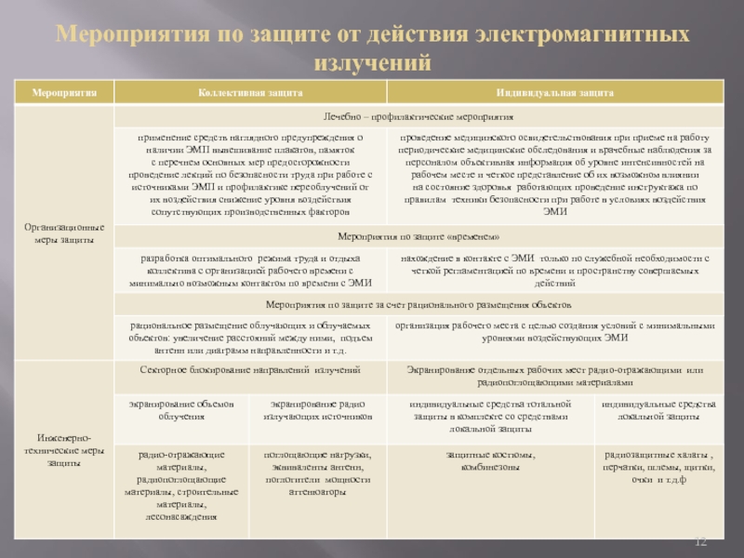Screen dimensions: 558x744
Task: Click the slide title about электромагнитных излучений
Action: (x=372, y=49)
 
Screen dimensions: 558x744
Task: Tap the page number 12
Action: (x=703, y=541)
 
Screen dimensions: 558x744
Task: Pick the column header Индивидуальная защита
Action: (x=554, y=94)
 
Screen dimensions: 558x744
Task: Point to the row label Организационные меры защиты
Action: (x=62, y=233)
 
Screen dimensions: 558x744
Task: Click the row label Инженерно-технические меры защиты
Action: (x=62, y=449)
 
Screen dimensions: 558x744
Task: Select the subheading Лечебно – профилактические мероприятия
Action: (x=418, y=119)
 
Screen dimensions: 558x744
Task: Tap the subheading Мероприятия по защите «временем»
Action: (x=418, y=237)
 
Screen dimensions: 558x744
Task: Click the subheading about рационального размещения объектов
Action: (x=418, y=304)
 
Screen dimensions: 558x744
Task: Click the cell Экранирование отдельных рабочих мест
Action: (x=554, y=376)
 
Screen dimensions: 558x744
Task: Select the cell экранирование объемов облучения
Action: (x=181, y=411)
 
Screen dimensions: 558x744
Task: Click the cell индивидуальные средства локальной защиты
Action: (x=658, y=411)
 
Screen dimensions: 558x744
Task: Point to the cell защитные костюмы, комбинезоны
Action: (x=489, y=459)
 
